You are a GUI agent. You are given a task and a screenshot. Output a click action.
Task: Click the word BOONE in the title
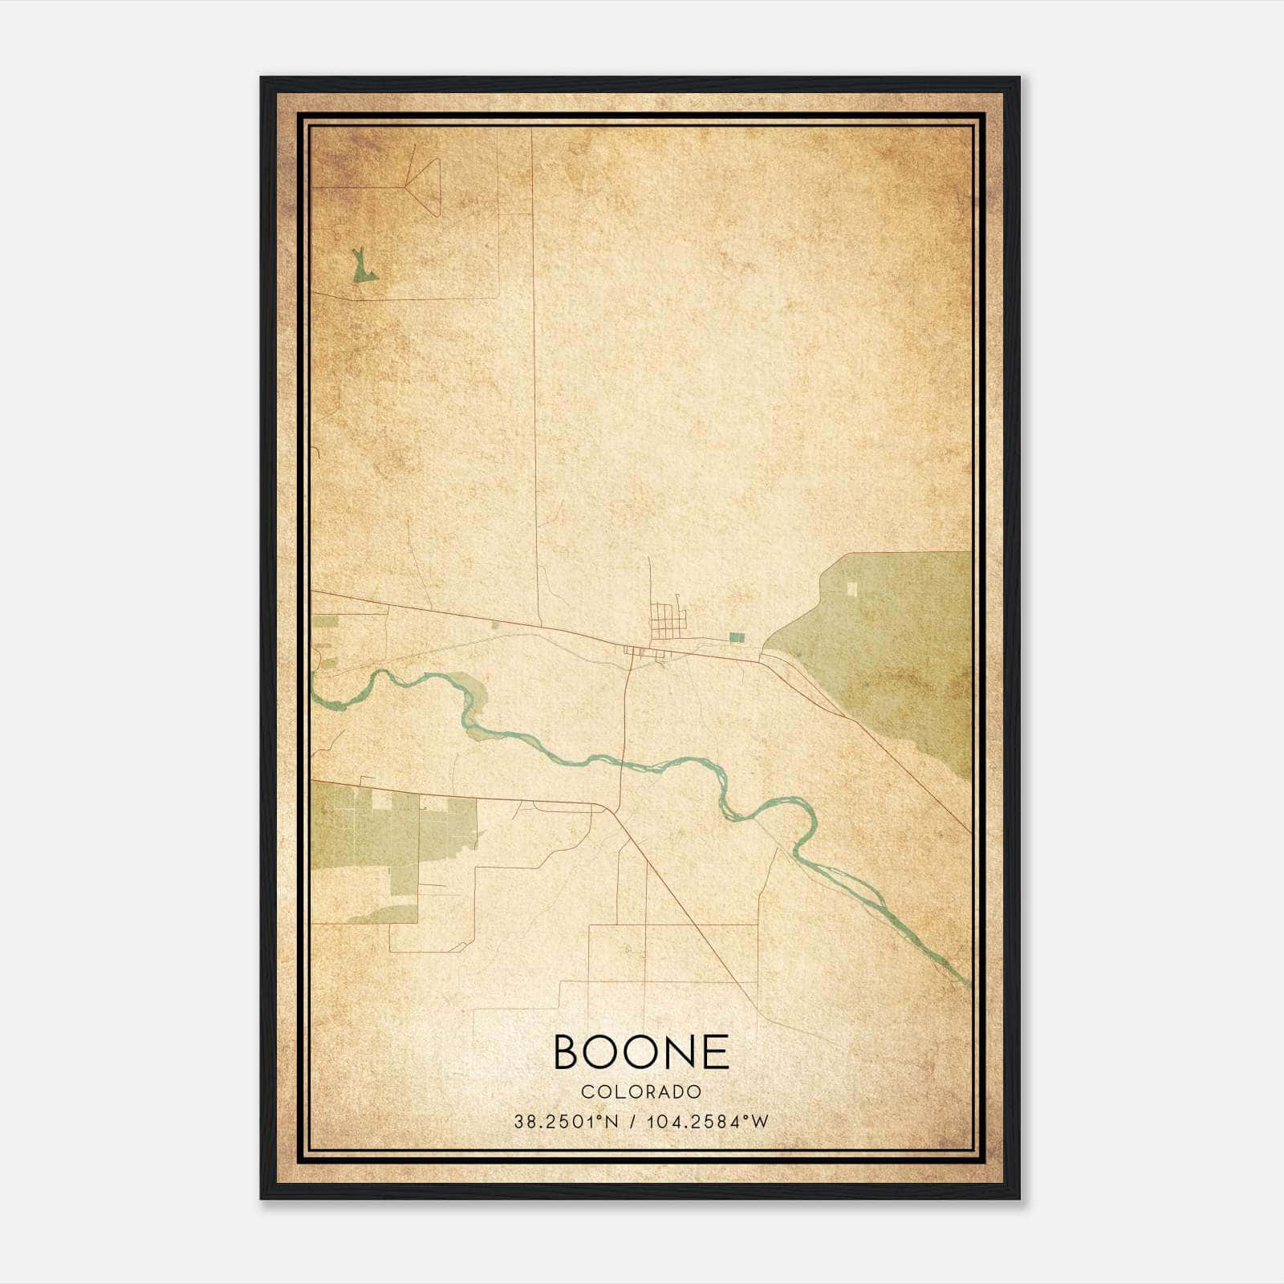coord(641,1052)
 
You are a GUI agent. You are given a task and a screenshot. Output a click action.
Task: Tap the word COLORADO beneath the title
coord(641,1091)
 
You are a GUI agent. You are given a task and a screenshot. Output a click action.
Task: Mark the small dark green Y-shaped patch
coord(364,268)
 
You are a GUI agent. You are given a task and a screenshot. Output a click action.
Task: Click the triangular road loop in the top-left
coord(426,187)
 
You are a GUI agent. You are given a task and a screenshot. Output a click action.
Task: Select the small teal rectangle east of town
coord(737,637)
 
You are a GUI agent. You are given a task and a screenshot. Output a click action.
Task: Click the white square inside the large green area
coord(852,589)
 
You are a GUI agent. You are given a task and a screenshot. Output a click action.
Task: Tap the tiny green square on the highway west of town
coord(494,624)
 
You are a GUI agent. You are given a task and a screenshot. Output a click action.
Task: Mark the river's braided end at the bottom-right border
coord(955,971)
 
